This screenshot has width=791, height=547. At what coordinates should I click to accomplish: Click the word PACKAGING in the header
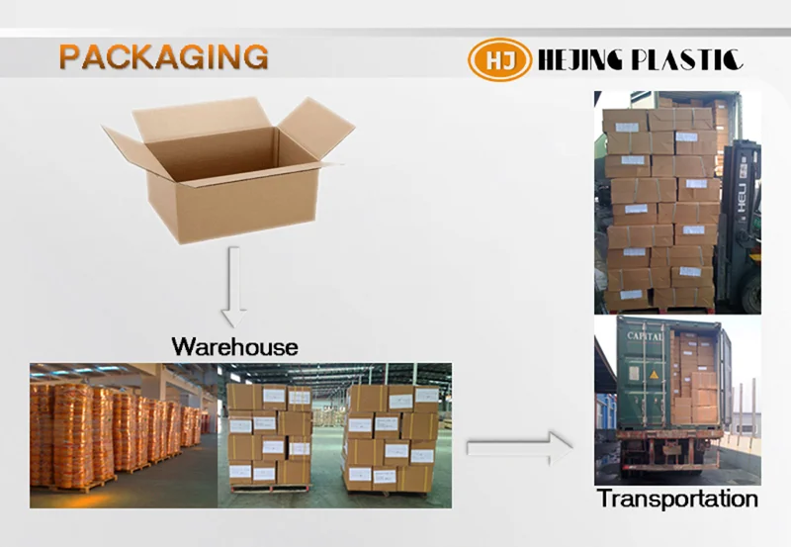[163, 56]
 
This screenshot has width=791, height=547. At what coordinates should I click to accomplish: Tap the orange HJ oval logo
[498, 60]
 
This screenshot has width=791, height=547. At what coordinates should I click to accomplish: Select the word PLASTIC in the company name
[692, 60]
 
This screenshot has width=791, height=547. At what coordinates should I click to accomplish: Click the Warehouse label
[234, 346]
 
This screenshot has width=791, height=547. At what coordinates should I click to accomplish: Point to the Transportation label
[677, 499]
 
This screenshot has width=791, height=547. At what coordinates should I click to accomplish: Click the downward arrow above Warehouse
[233, 287]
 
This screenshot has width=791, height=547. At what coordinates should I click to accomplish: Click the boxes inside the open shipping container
[696, 381]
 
